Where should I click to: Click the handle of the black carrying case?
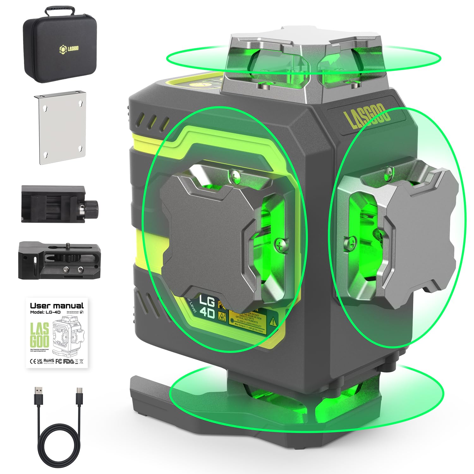(60, 10)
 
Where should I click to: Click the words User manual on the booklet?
(57, 306)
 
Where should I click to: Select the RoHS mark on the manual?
(48, 361)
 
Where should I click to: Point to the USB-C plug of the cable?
(79, 396)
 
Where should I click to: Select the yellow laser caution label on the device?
(250, 321)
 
